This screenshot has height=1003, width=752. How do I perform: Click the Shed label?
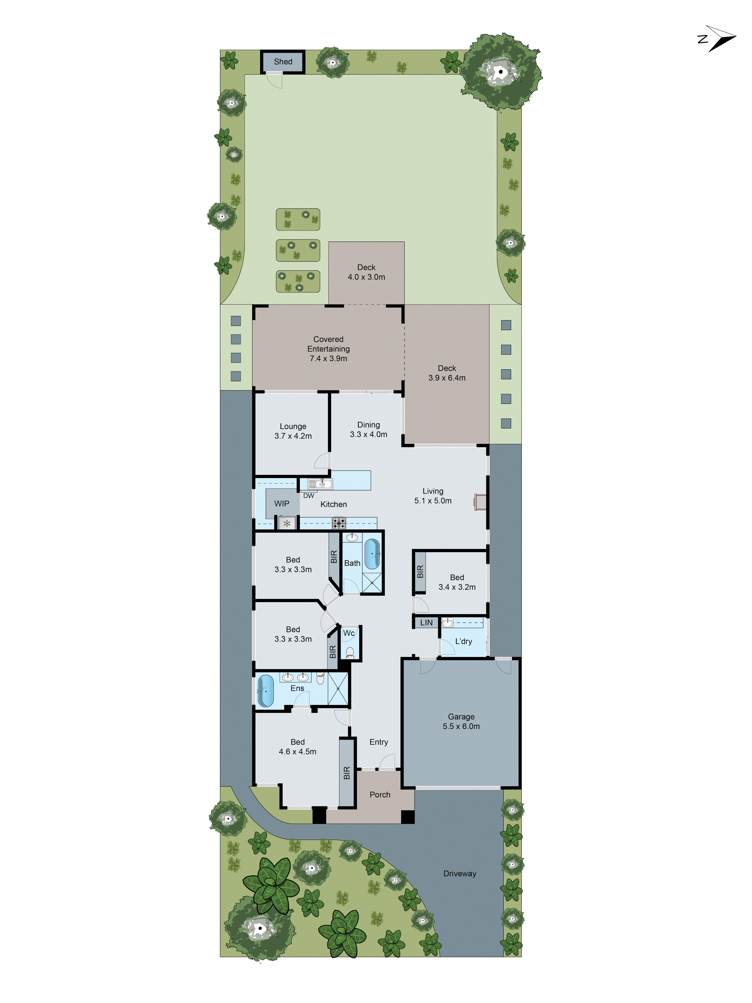(283, 62)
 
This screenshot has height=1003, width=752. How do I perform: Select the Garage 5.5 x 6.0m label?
(461, 721)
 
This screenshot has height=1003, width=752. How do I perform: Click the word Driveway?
(460, 874)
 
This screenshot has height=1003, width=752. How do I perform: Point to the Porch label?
(380, 795)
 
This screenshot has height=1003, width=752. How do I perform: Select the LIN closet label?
(426, 623)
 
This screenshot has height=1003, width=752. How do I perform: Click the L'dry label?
(463, 641)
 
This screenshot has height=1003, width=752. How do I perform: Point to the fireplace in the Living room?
(480, 502)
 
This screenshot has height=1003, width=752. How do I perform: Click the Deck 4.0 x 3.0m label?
(366, 272)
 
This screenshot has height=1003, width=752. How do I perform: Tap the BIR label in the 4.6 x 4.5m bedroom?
(347, 773)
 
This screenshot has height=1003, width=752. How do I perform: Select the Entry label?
(379, 742)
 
